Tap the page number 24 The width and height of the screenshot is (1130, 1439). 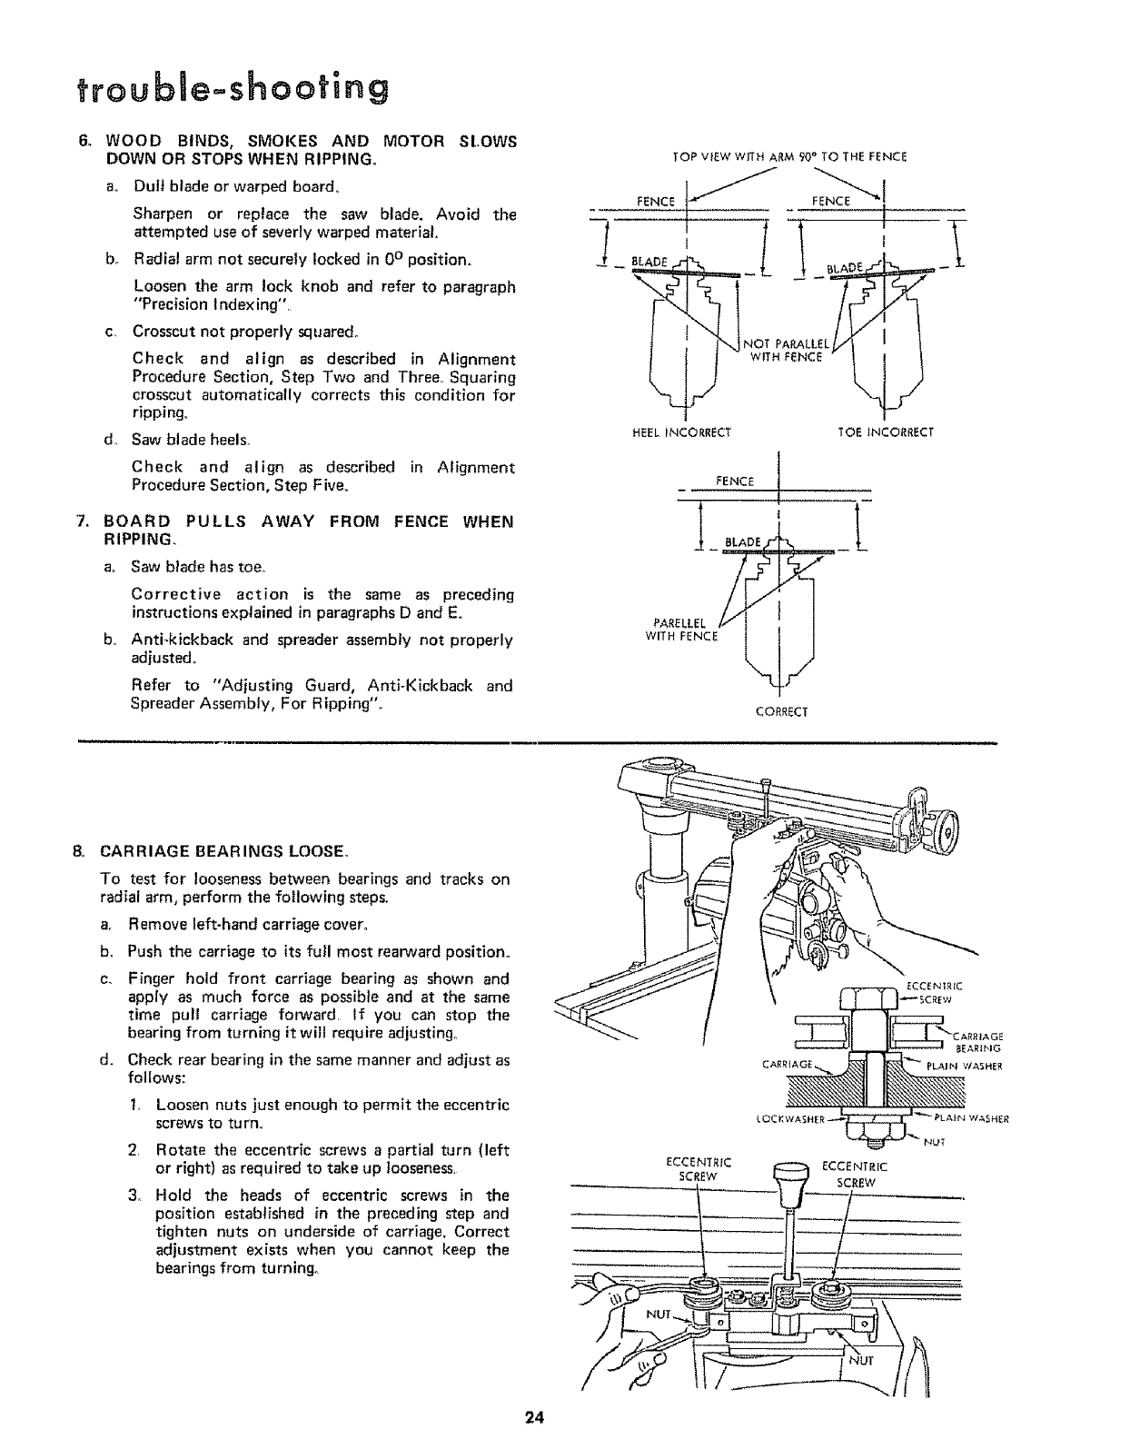pyautogui.click(x=534, y=1417)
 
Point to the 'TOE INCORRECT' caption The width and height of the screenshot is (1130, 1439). pyautogui.click(x=886, y=432)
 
